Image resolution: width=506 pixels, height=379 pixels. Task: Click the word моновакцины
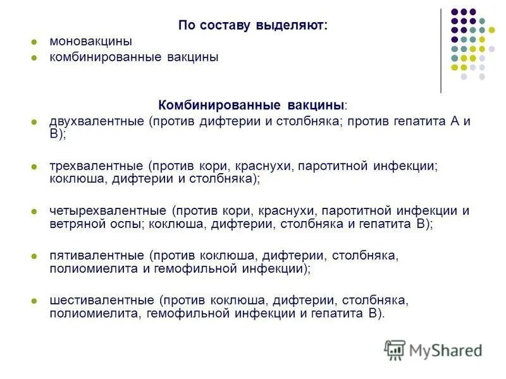click(x=90, y=42)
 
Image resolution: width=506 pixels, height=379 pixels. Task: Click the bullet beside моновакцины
click(x=35, y=42)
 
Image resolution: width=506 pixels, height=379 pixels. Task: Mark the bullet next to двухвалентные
click(x=35, y=122)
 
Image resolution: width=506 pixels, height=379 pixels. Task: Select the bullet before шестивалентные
click(x=35, y=300)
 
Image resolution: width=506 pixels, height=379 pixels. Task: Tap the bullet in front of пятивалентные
click(x=35, y=256)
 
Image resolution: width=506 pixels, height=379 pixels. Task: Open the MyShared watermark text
click(x=446, y=350)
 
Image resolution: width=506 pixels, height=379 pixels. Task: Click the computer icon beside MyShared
click(x=395, y=349)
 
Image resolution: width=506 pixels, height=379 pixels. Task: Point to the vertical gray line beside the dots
click(x=441, y=51)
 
